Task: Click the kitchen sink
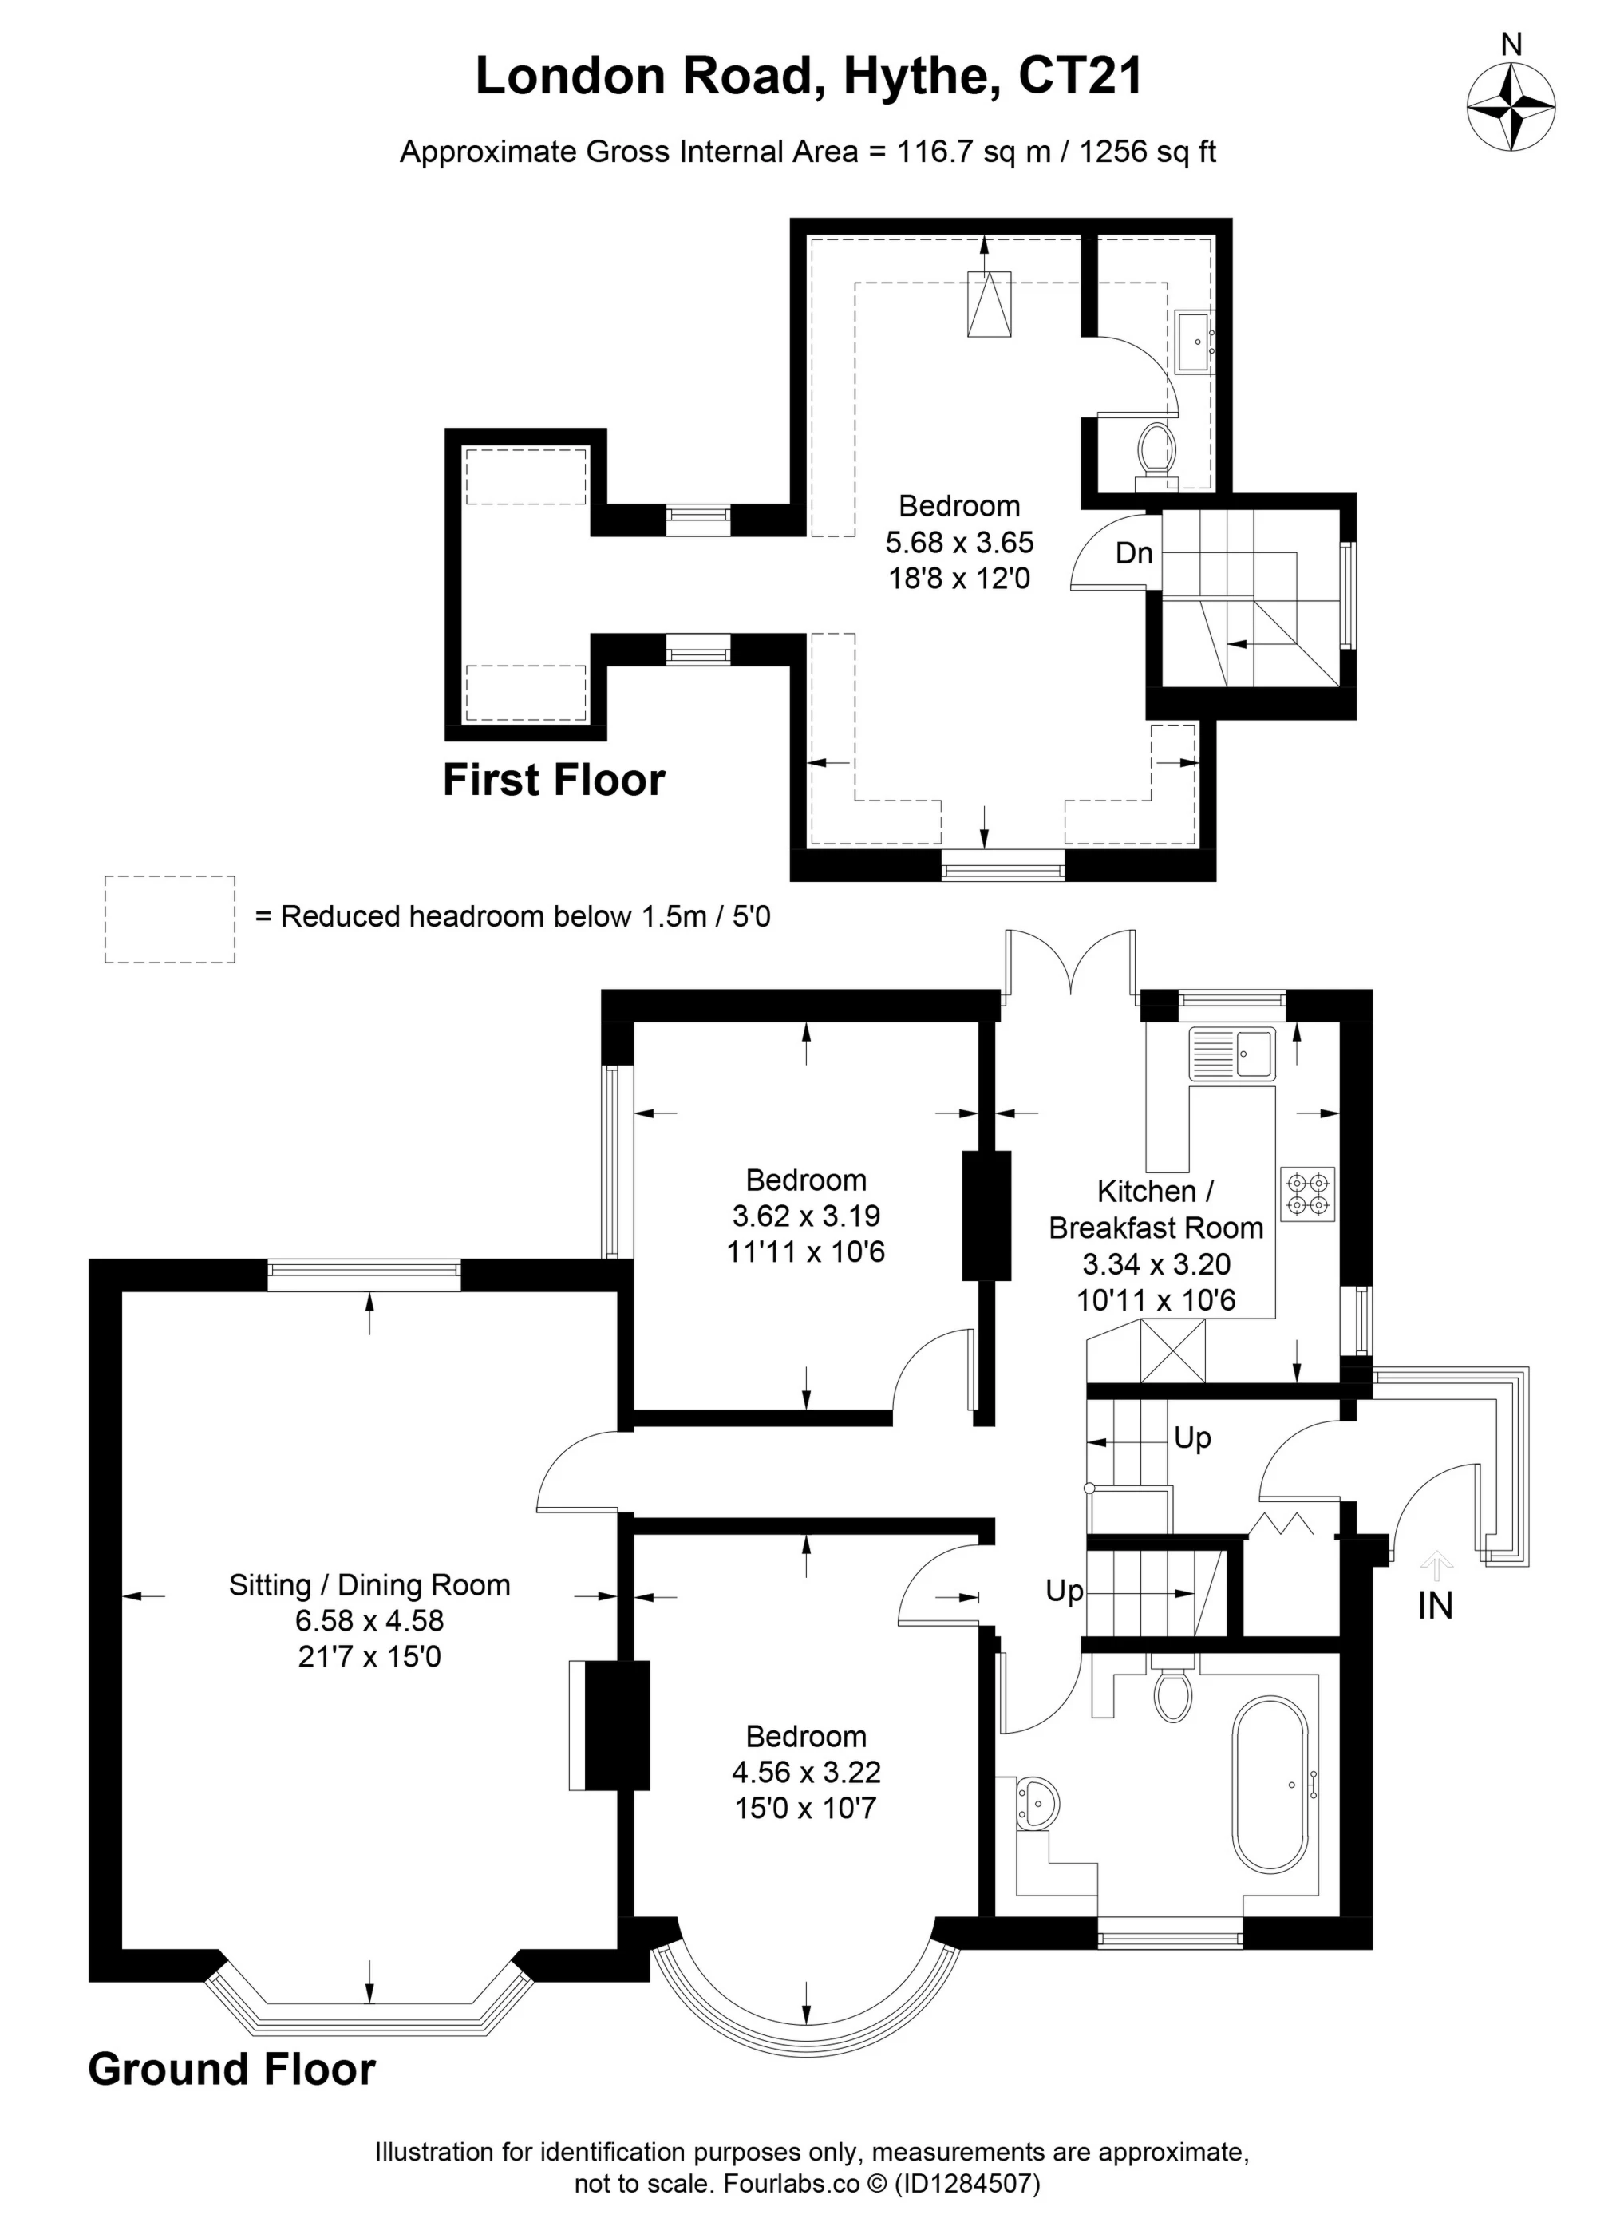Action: pyautogui.click(x=1232, y=1053)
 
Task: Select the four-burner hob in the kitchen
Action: pyautogui.click(x=1307, y=1194)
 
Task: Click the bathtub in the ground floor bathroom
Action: pyautogui.click(x=1270, y=1784)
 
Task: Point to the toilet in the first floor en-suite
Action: pyautogui.click(x=1156, y=451)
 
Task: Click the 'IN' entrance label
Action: pyautogui.click(x=1435, y=1607)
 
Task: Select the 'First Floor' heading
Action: pyautogui.click(x=554, y=780)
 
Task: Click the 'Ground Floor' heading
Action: pyautogui.click(x=232, y=2070)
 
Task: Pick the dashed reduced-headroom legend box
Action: pyautogui.click(x=170, y=919)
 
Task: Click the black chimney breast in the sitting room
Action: pyautogui.click(x=618, y=1724)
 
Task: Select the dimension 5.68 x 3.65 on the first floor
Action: pyautogui.click(x=959, y=542)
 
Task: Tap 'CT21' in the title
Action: pyautogui.click(x=1081, y=76)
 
